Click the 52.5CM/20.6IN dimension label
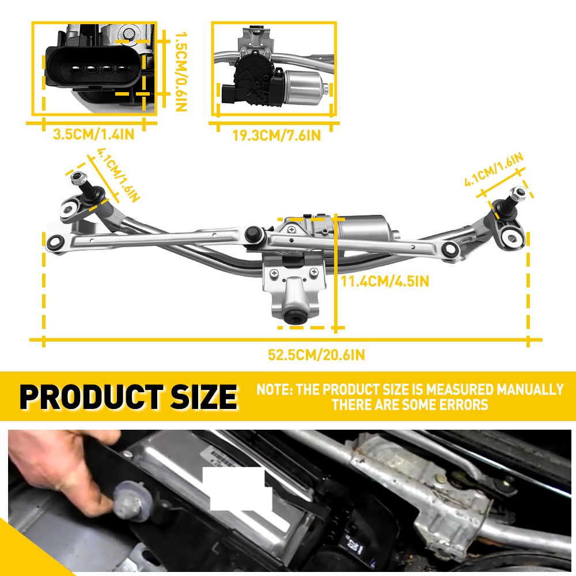(x=316, y=355)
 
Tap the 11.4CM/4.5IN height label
(x=385, y=282)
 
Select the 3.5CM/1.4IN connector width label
(x=94, y=134)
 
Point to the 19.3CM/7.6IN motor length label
(x=276, y=135)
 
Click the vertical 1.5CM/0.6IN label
(x=181, y=71)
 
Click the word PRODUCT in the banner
(x=92, y=397)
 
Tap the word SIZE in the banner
(x=204, y=397)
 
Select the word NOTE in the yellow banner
(x=274, y=389)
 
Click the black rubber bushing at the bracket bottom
(x=297, y=316)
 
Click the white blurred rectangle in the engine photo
(x=238, y=488)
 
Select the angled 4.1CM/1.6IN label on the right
(x=494, y=170)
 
